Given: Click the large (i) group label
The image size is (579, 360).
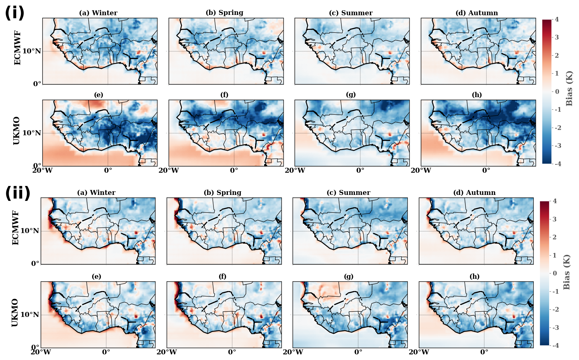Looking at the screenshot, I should coord(15,13).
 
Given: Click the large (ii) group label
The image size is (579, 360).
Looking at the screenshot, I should coord(18,193).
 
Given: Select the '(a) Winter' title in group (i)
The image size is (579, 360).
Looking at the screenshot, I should coord(98,13).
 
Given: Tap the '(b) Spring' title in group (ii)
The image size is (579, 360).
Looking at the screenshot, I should coord(222,193).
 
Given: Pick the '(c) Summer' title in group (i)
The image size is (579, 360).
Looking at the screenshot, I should coord(351,13).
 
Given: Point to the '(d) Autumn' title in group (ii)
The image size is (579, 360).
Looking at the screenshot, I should coord(474,193).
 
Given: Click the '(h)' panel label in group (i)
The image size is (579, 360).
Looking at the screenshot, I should coord(477,95).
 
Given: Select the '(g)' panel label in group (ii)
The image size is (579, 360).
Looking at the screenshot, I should coord(349,276).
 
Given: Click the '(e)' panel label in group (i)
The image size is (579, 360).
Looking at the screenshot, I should coord(98,95).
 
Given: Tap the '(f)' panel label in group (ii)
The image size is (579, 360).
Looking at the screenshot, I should coord(222,276).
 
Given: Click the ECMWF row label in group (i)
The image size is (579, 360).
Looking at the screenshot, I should coord(17,48).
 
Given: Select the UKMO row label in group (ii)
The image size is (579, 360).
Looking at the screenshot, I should coord(15,313).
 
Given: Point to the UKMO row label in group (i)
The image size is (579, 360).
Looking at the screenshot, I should coord(17,131).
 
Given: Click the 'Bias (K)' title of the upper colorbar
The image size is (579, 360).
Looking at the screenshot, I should coord(569,89).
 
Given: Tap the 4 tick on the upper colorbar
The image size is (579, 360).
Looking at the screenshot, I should coord(556,19).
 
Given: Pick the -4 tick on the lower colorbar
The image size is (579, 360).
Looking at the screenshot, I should coord(555,345).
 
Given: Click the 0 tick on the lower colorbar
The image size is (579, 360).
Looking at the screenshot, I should coord(555,273).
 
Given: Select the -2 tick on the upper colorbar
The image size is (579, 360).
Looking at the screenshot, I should coord(557,128).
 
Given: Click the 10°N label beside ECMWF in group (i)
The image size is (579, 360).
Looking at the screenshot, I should coord(32,51).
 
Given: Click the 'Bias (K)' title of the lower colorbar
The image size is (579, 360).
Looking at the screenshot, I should coord(566,272).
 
